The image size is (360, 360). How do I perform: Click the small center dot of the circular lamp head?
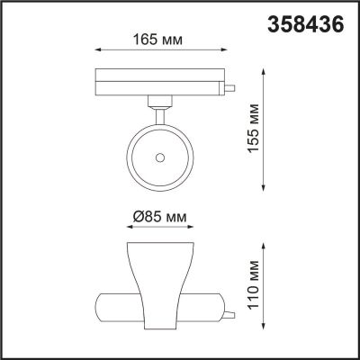click(159, 157)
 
